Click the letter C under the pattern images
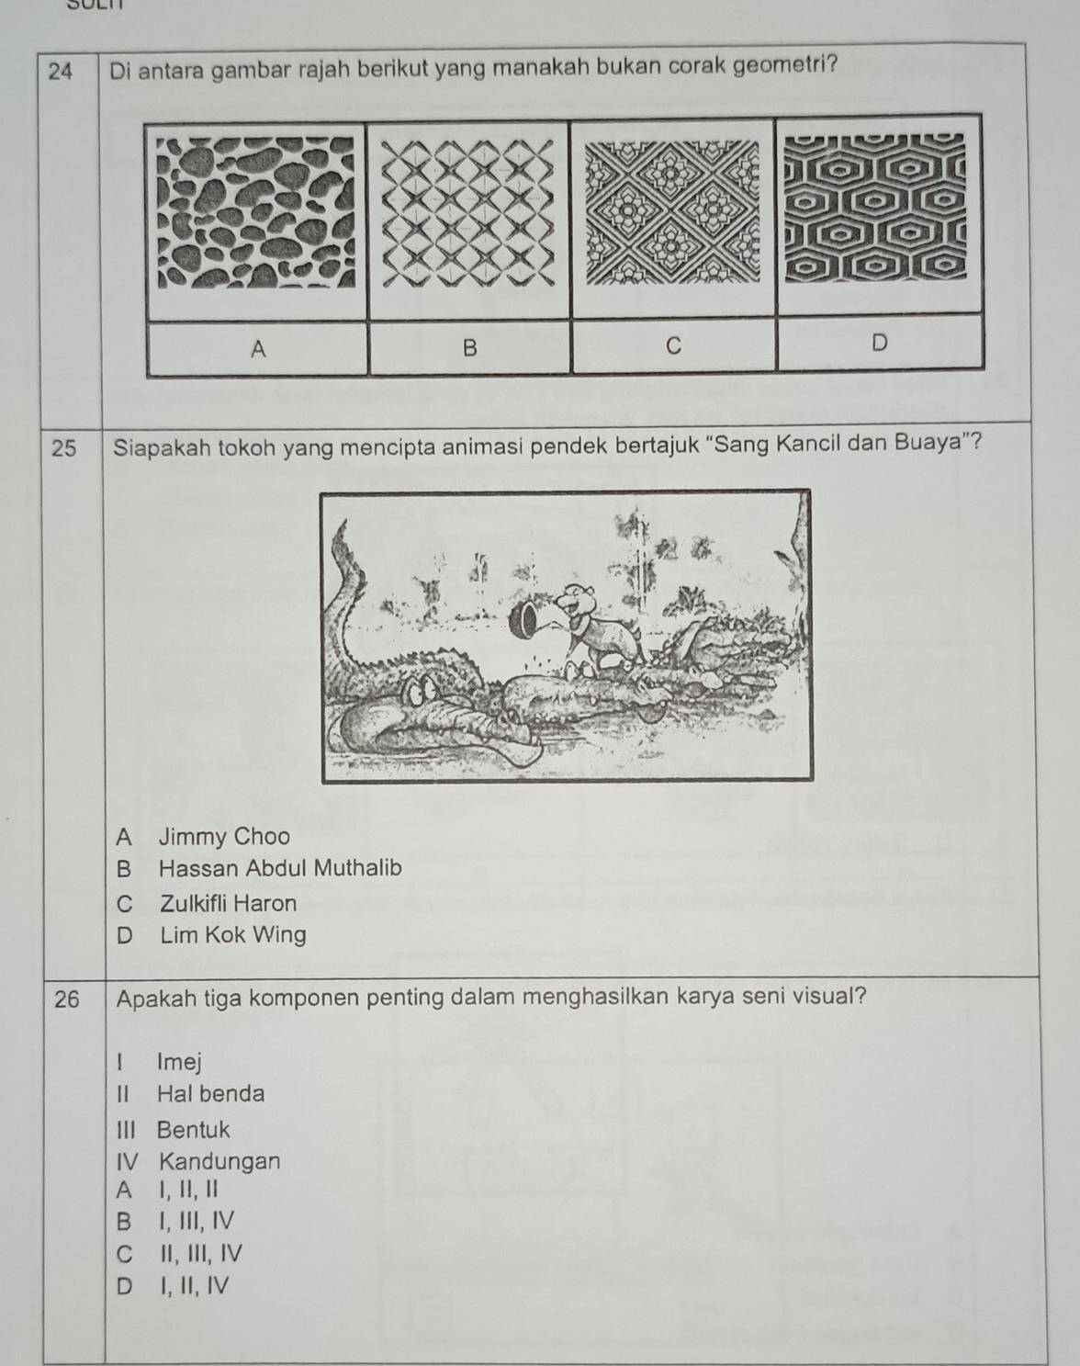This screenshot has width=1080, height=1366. (x=673, y=345)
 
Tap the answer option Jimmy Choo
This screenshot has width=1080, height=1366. (x=223, y=837)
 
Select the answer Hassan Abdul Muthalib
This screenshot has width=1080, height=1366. (x=279, y=868)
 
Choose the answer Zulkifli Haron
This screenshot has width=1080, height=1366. (x=228, y=903)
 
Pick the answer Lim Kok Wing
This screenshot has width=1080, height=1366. (x=232, y=935)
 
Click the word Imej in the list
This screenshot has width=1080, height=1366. (x=178, y=1062)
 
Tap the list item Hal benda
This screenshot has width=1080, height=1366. (x=210, y=1093)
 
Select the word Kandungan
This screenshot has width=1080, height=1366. (x=219, y=1161)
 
